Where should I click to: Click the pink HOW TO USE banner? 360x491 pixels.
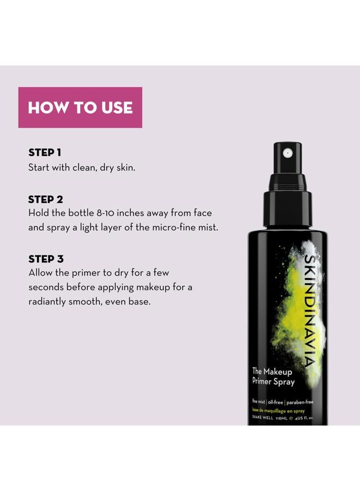[x=80, y=107]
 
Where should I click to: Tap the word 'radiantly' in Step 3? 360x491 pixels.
[x=49, y=301]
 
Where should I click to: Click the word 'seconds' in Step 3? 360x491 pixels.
[x=47, y=286]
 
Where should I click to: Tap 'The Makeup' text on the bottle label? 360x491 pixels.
[x=272, y=372]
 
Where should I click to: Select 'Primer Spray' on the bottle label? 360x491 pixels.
[x=273, y=382]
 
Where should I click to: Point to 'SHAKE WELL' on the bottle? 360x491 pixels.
[x=263, y=418]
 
